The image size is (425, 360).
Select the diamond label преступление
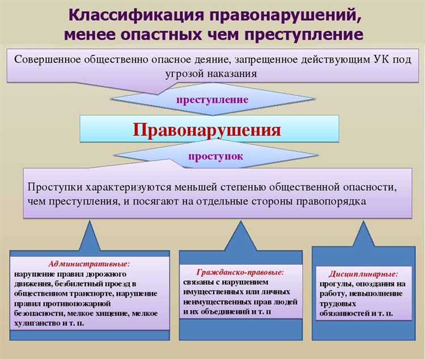coord(212,99)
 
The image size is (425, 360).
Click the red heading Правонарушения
coord(207,130)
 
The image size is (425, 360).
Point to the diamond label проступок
coord(214,156)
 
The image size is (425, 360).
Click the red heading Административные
coord(89,263)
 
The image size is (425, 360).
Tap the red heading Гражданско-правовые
coord(240,272)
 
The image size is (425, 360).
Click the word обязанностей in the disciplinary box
coord(347,314)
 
